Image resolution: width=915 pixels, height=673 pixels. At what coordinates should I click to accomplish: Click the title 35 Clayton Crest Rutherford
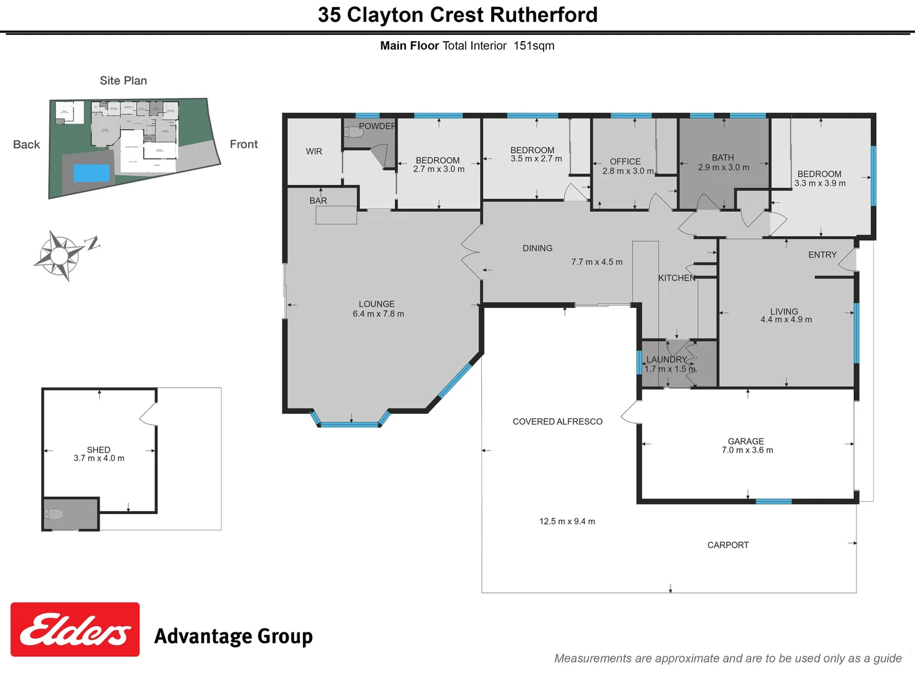(457, 15)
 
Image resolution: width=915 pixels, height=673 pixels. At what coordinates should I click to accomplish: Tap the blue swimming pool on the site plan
(92, 173)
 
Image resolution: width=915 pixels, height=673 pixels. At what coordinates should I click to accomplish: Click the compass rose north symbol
(60, 255)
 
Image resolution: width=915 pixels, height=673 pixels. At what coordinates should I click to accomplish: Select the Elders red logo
(75, 629)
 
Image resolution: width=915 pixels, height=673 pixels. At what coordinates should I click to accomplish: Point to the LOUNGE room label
(376, 304)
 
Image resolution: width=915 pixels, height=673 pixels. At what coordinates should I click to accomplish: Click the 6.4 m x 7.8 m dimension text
(378, 314)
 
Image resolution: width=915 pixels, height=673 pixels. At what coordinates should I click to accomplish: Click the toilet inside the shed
(54, 514)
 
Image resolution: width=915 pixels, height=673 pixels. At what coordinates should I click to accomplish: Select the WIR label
(314, 151)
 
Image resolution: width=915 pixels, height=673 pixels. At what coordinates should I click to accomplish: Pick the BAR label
(318, 201)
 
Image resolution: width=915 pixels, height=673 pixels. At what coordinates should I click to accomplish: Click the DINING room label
(537, 248)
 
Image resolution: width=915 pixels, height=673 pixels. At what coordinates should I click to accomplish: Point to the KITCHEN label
(676, 278)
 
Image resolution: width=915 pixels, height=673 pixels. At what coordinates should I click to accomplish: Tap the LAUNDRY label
(666, 360)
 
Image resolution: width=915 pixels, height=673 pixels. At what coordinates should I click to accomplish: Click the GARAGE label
(745, 441)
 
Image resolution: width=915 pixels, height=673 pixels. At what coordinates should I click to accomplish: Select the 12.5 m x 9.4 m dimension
(567, 522)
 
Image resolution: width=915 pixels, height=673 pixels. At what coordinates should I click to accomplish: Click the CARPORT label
(728, 545)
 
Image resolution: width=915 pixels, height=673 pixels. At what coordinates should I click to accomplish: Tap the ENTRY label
(822, 255)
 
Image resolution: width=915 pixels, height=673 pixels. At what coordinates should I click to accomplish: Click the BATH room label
(723, 158)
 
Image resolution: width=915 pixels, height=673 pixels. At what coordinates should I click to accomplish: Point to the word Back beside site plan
(26, 145)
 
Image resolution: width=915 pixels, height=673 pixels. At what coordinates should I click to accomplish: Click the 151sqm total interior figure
(534, 45)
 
